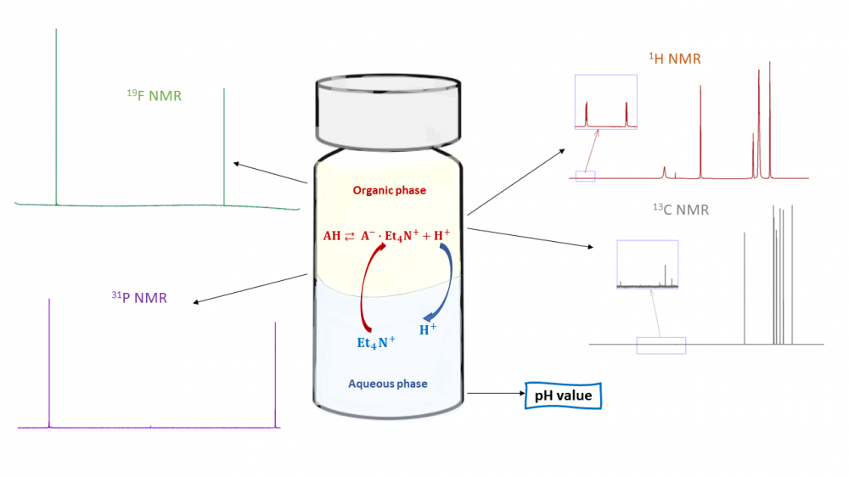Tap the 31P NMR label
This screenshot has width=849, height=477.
139,297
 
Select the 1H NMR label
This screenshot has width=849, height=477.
675,59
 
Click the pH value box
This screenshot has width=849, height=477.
563,395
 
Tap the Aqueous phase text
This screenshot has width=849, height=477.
387,384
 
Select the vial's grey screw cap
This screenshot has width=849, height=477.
388,111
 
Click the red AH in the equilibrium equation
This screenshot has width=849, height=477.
332,236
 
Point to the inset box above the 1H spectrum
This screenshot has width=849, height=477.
605,102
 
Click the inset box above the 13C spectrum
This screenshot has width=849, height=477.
647,266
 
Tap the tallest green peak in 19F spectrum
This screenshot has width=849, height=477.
56,110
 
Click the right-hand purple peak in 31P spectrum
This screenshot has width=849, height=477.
275,373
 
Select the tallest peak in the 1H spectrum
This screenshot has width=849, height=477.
769,119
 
